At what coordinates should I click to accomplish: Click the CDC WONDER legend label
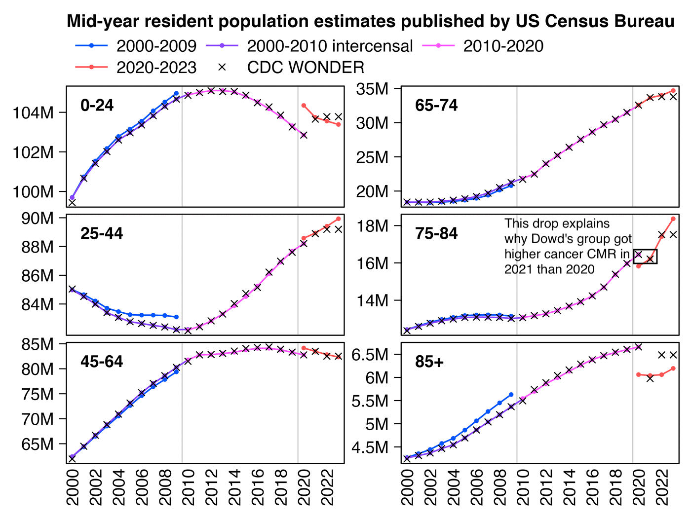(x=306, y=67)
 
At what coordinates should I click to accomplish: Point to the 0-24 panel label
(x=97, y=105)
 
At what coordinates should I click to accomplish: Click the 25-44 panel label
(x=102, y=233)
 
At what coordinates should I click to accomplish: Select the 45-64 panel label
(x=102, y=362)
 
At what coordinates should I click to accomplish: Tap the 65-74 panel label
(x=436, y=105)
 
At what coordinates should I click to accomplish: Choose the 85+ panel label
(x=429, y=362)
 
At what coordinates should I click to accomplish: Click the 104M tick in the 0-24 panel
(x=33, y=113)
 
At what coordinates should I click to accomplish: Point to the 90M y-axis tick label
(x=38, y=218)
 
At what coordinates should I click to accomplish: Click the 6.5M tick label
(x=370, y=355)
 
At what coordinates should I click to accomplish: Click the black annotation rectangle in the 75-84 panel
(x=645, y=257)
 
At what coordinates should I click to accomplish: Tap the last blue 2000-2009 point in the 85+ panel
(x=511, y=394)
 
